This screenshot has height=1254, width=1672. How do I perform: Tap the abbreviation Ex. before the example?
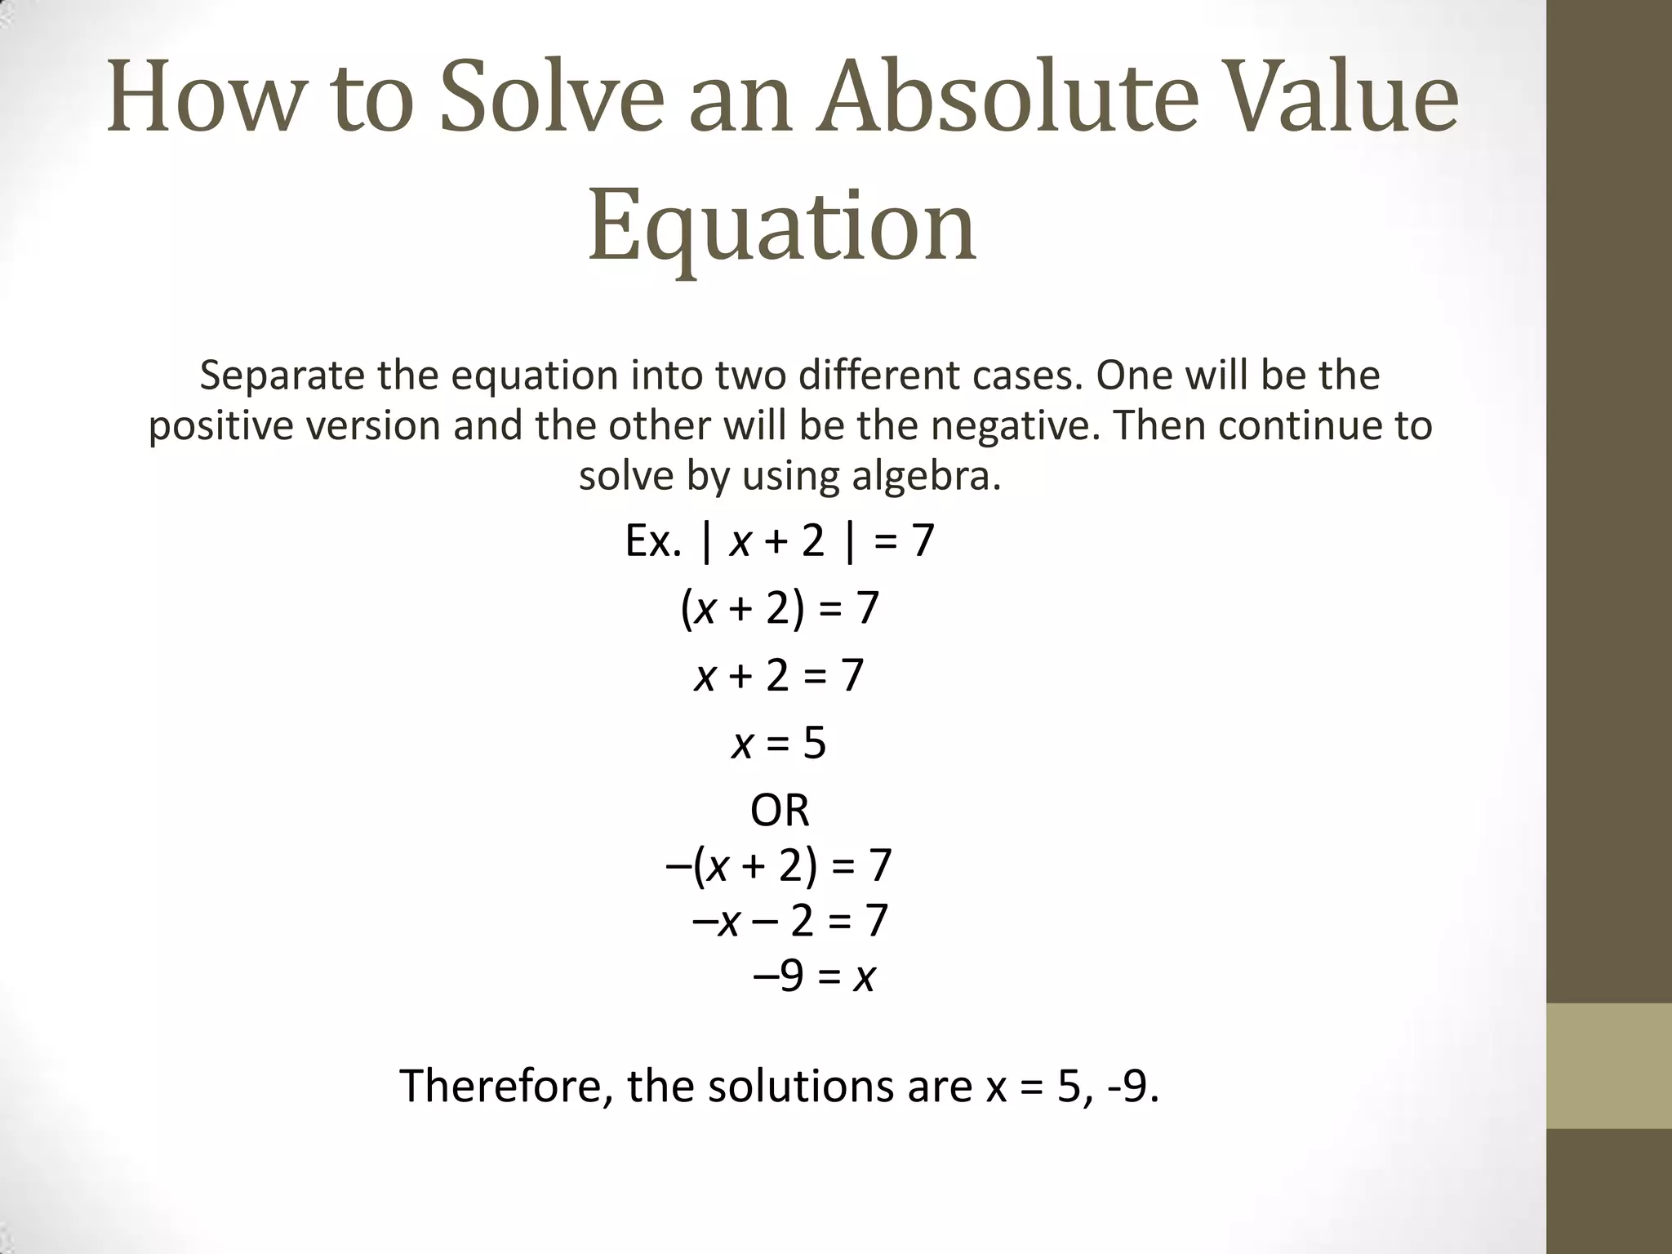[x=652, y=541]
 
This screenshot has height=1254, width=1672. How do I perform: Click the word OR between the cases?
[x=780, y=811]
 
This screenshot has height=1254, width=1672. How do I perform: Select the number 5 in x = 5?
[x=814, y=743]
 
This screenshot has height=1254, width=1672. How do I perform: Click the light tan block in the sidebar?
[x=1608, y=1065]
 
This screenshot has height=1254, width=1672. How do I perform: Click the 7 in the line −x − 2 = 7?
[x=875, y=921]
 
